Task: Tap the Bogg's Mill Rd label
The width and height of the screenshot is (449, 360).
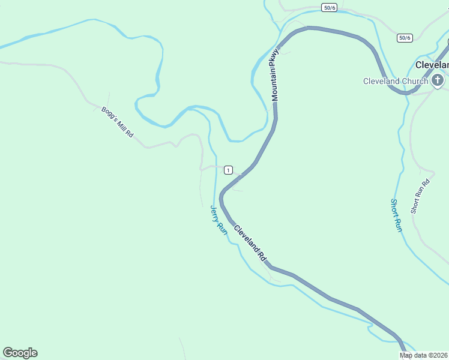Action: click(117, 122)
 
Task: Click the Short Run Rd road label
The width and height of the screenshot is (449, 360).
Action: click(420, 197)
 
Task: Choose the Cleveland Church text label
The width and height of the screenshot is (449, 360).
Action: click(396, 81)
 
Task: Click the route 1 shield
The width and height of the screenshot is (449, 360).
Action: click(228, 170)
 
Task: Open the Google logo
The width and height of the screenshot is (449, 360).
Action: click(20, 353)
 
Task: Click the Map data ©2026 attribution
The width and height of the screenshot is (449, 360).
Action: click(424, 355)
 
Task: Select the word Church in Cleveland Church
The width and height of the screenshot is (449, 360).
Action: click(414, 81)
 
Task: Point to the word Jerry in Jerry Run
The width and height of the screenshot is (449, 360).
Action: click(214, 214)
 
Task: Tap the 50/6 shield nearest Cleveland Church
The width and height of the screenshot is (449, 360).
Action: click(405, 38)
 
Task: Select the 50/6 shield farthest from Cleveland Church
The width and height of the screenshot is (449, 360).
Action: click(328, 7)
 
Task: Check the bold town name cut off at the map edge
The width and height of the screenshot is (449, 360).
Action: click(432, 65)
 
